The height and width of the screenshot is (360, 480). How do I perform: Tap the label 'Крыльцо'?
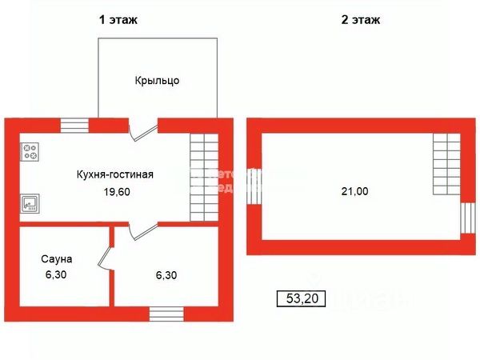(157, 81)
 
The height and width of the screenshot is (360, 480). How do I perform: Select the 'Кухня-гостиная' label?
(115, 174)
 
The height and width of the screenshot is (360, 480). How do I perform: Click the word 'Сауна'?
(58, 259)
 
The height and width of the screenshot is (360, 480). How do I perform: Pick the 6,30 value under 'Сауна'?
(58, 275)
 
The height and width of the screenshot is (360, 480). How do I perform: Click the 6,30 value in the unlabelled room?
(165, 275)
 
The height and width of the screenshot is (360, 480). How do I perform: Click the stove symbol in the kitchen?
(30, 150)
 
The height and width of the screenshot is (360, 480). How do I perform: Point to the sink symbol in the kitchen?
(30, 202)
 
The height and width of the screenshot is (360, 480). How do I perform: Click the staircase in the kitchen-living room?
(204, 177)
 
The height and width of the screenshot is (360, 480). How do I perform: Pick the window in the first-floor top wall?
(75, 125)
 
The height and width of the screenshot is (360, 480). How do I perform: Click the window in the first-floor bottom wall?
(165, 313)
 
